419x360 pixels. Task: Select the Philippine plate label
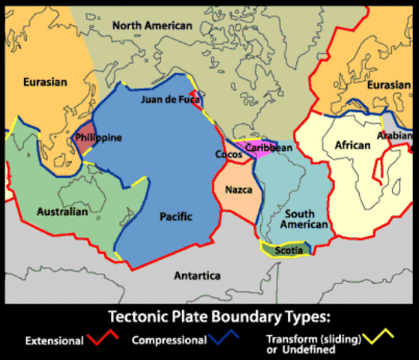(98, 138)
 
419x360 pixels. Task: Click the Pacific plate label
(176, 217)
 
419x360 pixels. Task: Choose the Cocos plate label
(229, 154)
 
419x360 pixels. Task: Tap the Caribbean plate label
(268, 148)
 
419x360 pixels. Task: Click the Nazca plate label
(238, 190)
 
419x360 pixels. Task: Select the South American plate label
(305, 219)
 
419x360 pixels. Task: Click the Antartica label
(197, 276)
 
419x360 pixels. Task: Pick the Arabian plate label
(395, 136)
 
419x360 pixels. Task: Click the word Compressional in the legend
(169, 340)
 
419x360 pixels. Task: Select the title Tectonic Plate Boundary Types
(209, 316)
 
